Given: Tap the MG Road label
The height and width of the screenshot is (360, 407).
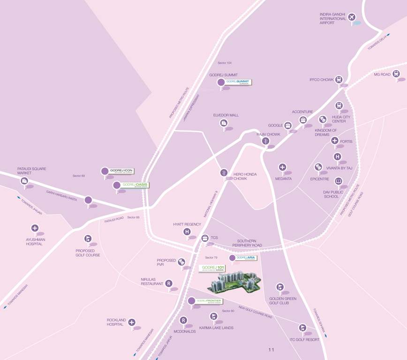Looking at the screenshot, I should pos(382,75).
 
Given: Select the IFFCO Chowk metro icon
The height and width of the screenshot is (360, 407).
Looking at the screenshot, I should pos(339,80).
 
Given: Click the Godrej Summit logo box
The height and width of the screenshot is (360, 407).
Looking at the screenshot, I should pos(238,82).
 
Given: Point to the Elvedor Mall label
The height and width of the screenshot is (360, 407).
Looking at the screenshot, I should pos(226,115).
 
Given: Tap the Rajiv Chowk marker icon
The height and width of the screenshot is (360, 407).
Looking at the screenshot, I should pos(266,141).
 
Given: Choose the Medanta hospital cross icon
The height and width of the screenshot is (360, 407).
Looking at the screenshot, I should pos(282,167).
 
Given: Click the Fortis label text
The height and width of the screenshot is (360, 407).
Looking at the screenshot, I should pos(346,141).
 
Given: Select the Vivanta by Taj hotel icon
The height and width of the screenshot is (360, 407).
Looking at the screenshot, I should pos(318,166).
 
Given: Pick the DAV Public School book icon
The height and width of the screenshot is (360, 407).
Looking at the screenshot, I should pos(338,181).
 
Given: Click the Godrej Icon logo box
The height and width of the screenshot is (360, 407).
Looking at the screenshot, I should pos(122,171).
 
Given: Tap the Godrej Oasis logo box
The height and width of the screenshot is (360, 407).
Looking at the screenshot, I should pos(135,185).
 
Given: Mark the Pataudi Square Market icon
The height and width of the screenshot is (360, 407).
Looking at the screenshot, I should pos(24,181).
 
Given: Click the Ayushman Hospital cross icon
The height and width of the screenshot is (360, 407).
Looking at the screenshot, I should pos(35,228).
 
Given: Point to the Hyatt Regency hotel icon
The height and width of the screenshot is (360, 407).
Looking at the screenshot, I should pos(187,232).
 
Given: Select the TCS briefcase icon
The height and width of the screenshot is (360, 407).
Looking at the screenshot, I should pos(204,238).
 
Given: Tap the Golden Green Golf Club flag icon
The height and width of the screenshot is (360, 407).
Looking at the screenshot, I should pos(280,287).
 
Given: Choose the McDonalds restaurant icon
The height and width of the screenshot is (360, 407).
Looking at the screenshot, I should pos(183,321).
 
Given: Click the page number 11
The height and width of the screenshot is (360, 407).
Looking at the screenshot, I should pos(271,350).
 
